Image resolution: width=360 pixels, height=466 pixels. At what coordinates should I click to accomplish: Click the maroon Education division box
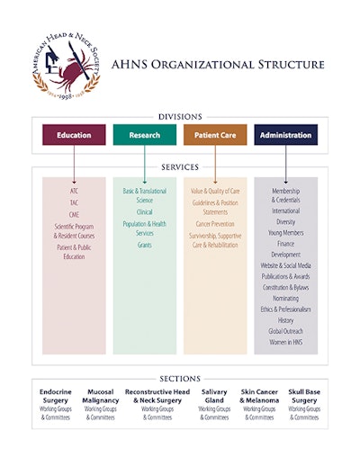click(x=74, y=135)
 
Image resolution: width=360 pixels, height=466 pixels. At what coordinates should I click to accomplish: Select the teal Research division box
click(x=145, y=135)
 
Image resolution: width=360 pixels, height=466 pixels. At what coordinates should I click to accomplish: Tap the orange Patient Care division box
click(x=215, y=135)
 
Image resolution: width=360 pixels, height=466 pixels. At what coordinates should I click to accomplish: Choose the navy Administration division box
click(x=285, y=135)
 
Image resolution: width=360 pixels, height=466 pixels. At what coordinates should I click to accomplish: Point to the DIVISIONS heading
click(x=180, y=116)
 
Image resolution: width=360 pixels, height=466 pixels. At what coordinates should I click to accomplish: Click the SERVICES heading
click(x=180, y=167)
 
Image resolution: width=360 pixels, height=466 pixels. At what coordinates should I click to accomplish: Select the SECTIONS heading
click(x=180, y=379)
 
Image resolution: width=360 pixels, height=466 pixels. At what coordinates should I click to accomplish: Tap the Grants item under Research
click(x=145, y=244)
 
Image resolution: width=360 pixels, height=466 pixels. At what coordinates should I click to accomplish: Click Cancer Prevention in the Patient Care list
click(x=215, y=223)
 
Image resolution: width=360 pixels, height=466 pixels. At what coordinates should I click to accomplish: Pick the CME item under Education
click(x=74, y=213)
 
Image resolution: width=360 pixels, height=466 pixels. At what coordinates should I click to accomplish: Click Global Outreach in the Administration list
click(x=285, y=330)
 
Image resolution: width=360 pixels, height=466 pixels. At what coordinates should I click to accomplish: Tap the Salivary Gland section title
click(x=214, y=397)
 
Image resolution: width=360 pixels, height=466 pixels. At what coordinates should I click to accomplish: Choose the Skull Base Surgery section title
click(x=304, y=397)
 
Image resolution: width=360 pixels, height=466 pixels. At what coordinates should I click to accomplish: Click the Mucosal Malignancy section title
click(x=100, y=397)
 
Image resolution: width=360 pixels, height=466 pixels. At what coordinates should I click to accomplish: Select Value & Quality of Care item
click(x=215, y=192)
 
